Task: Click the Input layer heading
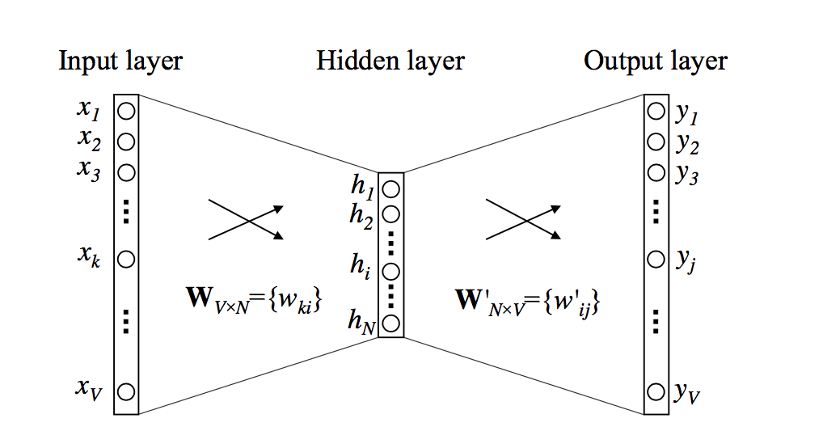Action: click(x=120, y=61)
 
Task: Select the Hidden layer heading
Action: click(x=390, y=61)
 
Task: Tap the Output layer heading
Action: click(x=656, y=61)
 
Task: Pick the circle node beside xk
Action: click(x=126, y=260)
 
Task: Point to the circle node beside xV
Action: click(x=126, y=392)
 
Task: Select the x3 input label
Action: click(x=90, y=171)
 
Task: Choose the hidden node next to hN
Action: click(x=391, y=324)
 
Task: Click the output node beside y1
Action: click(x=656, y=112)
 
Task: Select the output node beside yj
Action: click(x=656, y=260)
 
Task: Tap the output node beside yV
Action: click(x=656, y=393)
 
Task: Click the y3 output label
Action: click(x=687, y=175)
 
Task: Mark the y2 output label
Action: click(x=687, y=145)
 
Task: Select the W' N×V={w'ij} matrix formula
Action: click(x=530, y=302)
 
